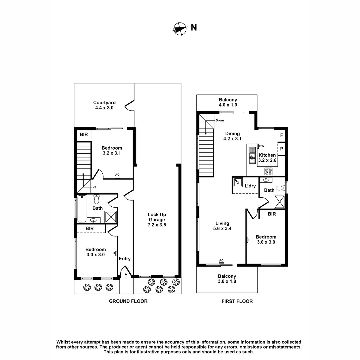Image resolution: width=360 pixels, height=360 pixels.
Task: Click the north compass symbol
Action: (x=180, y=28)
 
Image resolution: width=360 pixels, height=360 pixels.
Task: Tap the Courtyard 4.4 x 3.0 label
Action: (x=104, y=105)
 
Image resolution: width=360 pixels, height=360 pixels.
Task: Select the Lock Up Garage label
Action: (x=157, y=220)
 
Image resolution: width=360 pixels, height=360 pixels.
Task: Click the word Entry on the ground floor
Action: (x=125, y=259)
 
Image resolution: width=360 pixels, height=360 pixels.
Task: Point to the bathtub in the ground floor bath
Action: (x=82, y=209)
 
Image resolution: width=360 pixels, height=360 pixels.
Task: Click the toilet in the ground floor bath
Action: (x=97, y=199)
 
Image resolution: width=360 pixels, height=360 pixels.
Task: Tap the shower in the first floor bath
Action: (x=279, y=202)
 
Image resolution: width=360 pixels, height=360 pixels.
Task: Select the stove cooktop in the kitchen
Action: (x=269, y=171)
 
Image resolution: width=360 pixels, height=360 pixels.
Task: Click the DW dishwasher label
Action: (x=262, y=146)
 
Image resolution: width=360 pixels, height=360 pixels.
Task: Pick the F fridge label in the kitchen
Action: (x=282, y=135)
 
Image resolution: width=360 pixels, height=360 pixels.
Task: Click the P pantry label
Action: (x=282, y=149)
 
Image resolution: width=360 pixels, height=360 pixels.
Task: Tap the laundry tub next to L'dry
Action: (x=238, y=182)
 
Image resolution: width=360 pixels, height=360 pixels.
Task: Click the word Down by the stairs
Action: (x=220, y=120)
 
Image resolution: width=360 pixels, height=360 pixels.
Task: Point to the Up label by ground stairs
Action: (x=94, y=187)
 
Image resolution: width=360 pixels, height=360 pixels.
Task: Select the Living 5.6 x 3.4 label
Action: (x=222, y=226)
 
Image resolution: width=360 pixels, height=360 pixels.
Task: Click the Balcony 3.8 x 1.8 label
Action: (x=227, y=279)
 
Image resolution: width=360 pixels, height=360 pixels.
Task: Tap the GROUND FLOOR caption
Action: (x=128, y=301)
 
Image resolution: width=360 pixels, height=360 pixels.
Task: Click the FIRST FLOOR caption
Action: (x=237, y=301)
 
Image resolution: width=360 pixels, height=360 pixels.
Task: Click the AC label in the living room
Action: (x=221, y=261)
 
